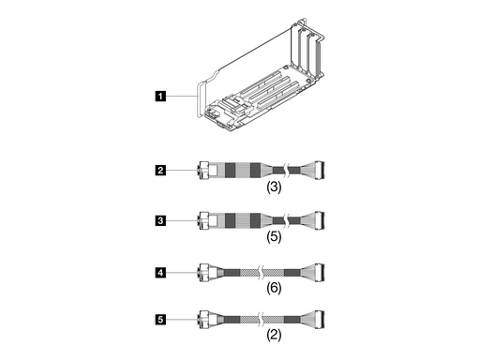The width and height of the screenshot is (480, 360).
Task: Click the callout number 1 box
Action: tap(162, 94)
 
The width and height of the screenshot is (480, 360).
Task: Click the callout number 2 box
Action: tap(162, 171)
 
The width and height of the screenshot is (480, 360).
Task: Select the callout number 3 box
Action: tap(162, 221)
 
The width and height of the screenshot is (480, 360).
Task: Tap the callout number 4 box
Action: tap(162, 273)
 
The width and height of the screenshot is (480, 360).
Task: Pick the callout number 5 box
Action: tap(162, 320)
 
